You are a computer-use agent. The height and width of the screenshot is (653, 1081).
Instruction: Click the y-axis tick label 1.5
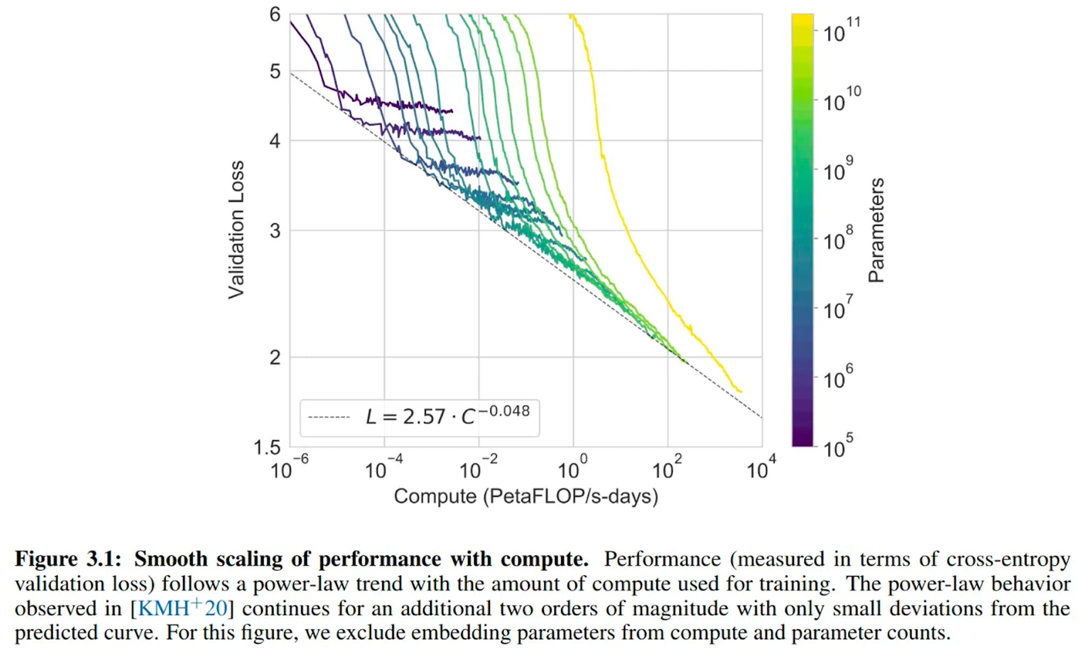[267, 448]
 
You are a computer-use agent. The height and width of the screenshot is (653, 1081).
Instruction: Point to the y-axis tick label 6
[275, 15]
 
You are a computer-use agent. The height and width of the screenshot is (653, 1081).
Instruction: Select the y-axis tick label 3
[275, 231]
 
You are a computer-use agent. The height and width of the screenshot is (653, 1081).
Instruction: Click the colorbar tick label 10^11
[841, 31]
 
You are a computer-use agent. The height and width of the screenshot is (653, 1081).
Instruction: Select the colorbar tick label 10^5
[837, 447]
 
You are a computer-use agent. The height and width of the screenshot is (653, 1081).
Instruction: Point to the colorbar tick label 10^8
[837, 239]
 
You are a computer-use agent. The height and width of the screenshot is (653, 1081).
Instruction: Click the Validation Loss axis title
[236, 230]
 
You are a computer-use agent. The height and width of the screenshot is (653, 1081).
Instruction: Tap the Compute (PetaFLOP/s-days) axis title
[525, 496]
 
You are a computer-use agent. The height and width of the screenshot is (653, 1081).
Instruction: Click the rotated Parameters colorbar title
[876, 230]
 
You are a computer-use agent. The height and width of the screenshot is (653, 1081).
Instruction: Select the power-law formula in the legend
[448, 416]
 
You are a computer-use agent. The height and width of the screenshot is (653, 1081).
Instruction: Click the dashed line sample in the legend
[329, 417]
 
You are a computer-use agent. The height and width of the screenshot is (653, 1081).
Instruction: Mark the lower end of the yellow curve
[740, 391]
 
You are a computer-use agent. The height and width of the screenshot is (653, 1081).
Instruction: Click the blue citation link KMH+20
[183, 608]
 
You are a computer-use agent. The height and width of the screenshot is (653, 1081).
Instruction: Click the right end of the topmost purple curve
[452, 111]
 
